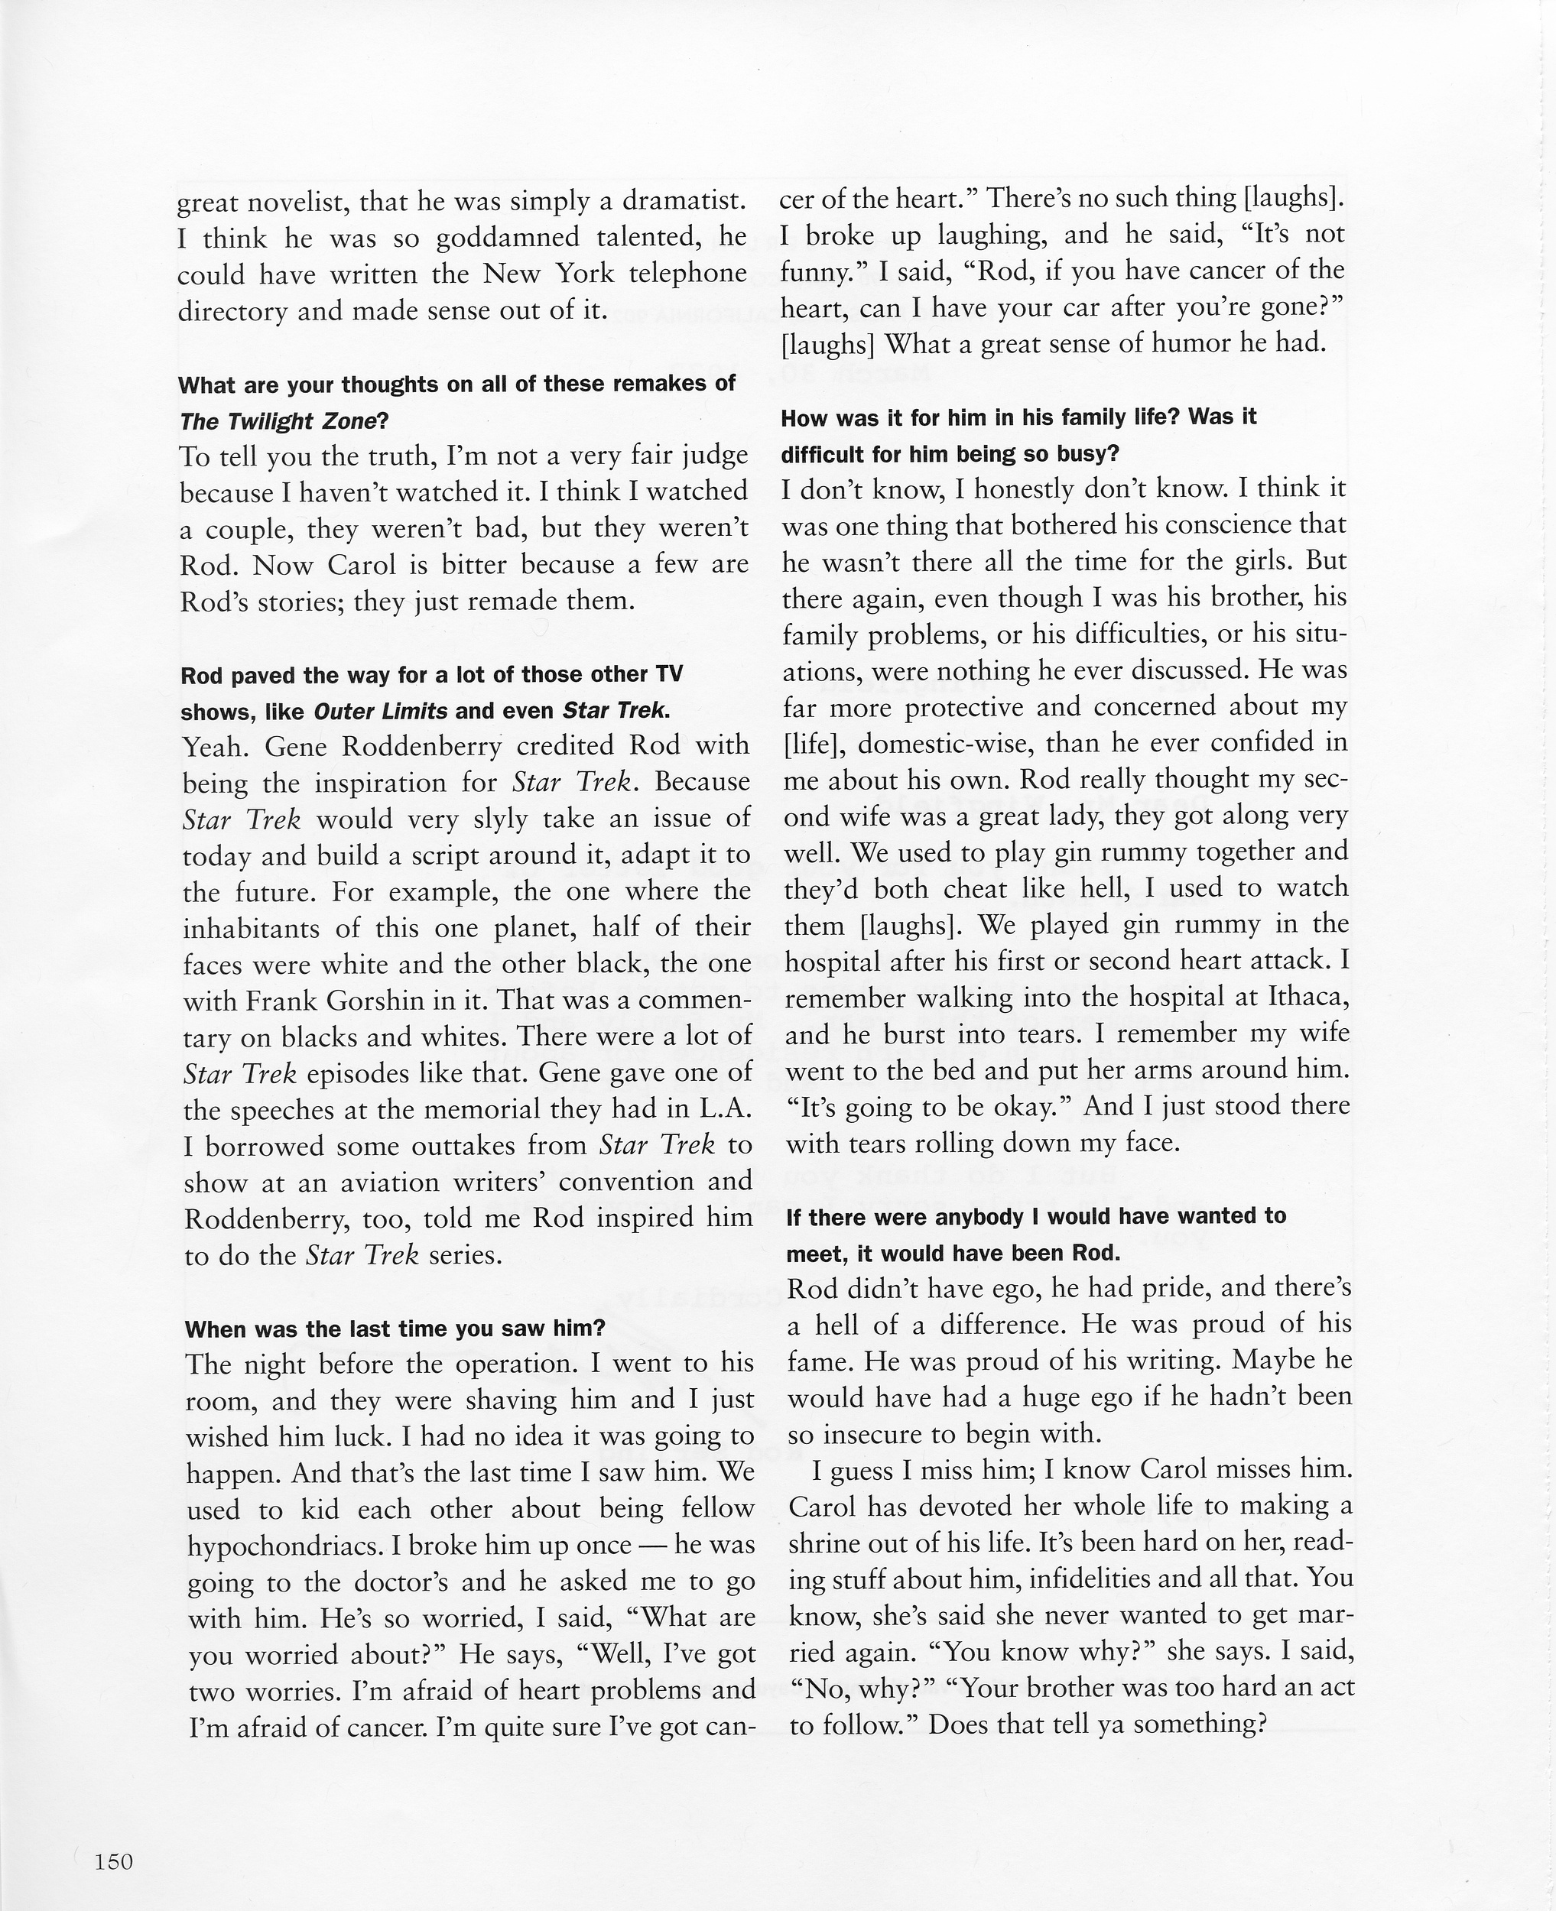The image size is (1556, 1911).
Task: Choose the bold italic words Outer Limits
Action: [380, 712]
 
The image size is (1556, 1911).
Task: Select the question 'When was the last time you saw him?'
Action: [395, 1329]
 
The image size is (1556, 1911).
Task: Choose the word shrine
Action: [824, 1543]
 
